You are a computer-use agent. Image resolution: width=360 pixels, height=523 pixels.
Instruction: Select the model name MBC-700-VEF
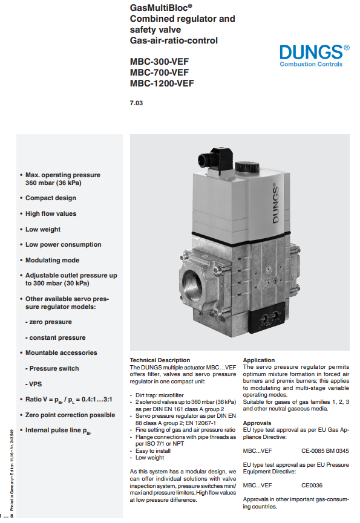pyautogui.click(x=159, y=73)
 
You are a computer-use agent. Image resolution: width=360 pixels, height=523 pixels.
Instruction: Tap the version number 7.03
pyautogui.click(x=136, y=103)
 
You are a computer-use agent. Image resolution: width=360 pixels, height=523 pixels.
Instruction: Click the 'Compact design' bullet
pyautogui.click(x=51, y=198)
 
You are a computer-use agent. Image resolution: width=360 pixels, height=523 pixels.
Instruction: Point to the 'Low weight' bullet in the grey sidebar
pyautogui.click(x=43, y=229)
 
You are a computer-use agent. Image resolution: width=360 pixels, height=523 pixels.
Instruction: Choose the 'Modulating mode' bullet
pyautogui.click(x=53, y=260)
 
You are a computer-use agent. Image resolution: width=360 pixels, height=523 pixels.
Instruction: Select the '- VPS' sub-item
pyautogui.click(x=33, y=384)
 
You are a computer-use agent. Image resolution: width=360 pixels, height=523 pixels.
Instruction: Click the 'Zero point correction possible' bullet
pyautogui.click(x=70, y=415)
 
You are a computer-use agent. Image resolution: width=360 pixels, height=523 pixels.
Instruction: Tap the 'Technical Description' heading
pyautogui.click(x=160, y=360)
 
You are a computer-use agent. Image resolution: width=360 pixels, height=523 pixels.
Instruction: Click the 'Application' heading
pyautogui.click(x=259, y=360)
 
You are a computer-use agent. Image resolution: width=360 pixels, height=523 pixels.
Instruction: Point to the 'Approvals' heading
pyautogui.click(x=257, y=423)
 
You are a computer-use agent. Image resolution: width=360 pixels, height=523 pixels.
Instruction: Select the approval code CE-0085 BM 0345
pyautogui.click(x=325, y=451)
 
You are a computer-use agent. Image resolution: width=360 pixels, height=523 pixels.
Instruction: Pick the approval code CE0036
pyautogui.click(x=312, y=486)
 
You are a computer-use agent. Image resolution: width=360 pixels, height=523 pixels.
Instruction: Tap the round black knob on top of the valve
pyautogui.click(x=247, y=167)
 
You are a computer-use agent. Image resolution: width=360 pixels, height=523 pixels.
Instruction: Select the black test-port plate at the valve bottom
pyautogui.click(x=268, y=319)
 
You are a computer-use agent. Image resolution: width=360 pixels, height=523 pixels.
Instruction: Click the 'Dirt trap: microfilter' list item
pyautogui.click(x=160, y=395)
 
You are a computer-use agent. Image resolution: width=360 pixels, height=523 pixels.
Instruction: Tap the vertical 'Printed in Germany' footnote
pyautogui.click(x=12, y=470)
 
